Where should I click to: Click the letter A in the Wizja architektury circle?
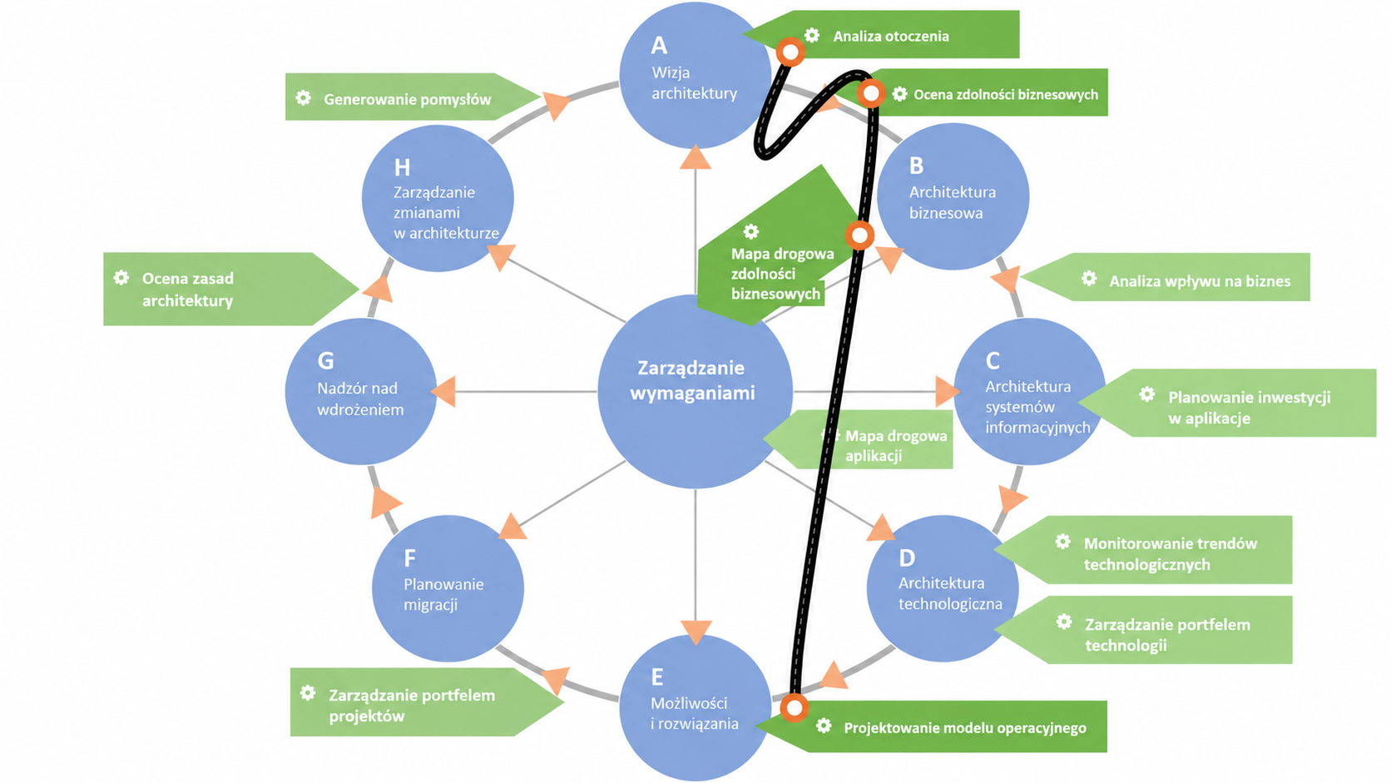tap(659, 45)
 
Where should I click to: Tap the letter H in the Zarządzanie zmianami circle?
tap(402, 167)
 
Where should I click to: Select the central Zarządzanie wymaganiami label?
tap(692, 380)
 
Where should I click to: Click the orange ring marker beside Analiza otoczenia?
tap(790, 52)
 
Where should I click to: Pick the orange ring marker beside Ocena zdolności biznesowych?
tap(871, 94)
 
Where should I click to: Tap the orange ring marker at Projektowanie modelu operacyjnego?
tap(795, 707)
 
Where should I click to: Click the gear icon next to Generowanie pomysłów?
tap(303, 97)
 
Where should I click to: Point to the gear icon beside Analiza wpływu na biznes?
tap(1088, 278)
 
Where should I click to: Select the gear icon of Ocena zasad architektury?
tap(121, 278)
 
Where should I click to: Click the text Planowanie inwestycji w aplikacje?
tap(1249, 408)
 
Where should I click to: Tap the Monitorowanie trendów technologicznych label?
tap(1170, 554)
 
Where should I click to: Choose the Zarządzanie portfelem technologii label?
tap(1167, 635)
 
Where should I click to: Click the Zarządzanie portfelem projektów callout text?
tap(412, 706)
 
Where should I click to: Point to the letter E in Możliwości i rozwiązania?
tap(657, 676)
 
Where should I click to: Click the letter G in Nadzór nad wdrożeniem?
tap(325, 361)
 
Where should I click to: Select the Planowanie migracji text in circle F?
tap(443, 594)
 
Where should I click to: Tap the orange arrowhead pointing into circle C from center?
tap(948, 391)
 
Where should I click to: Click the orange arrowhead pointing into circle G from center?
tap(443, 391)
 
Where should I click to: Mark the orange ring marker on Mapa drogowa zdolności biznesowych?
tap(860, 235)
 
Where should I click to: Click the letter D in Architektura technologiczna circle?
tap(907, 558)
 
